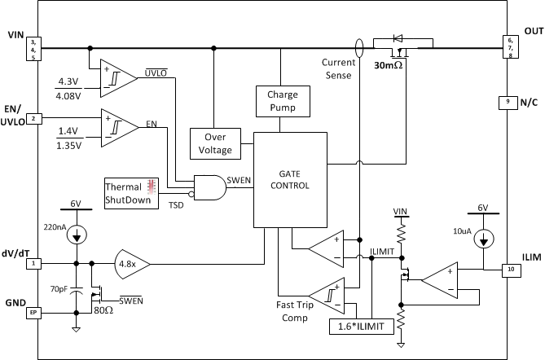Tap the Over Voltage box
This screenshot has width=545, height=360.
pyautogui.click(x=215, y=144)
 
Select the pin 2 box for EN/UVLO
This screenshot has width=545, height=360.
pyautogui.click(x=34, y=119)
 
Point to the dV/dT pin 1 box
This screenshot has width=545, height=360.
pyautogui.click(x=34, y=264)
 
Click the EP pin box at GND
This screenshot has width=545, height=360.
pyautogui.click(x=34, y=311)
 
